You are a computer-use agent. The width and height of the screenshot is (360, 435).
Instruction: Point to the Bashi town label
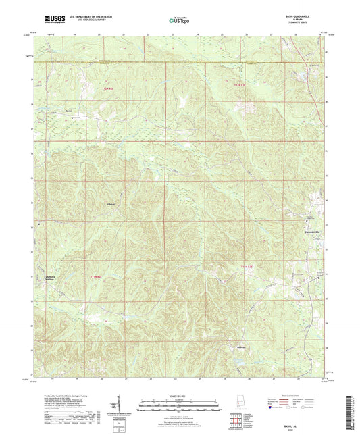[x=68, y=111]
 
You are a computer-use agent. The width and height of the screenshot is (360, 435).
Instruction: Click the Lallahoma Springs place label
[x=45, y=278]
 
